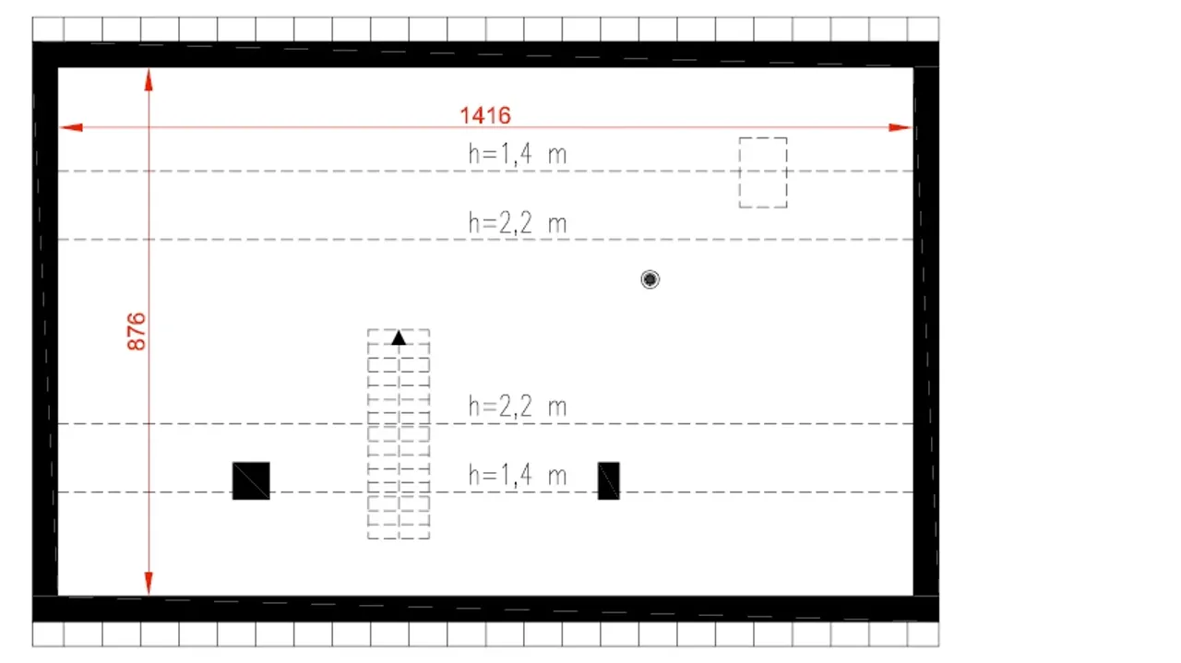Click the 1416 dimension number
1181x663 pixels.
[x=485, y=115]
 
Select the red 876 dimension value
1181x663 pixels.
[x=137, y=332]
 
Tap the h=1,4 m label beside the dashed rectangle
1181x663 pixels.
[x=518, y=154]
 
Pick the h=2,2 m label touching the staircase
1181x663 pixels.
[x=518, y=407]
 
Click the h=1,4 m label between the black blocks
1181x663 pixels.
[x=518, y=475]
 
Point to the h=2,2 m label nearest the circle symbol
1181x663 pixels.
[x=518, y=223]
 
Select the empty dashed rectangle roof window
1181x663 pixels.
[x=763, y=138]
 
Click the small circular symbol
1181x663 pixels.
[x=650, y=278]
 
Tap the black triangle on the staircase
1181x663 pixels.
[x=399, y=337]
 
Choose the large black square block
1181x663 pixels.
[x=251, y=480]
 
